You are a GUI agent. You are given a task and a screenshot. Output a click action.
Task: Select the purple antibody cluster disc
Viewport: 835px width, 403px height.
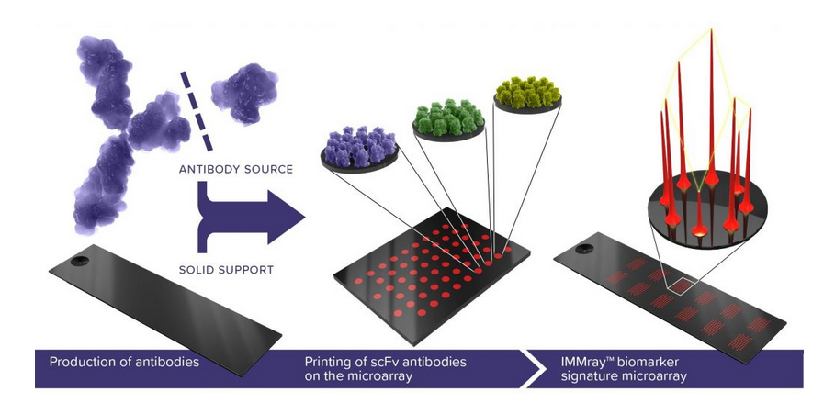tap(358, 148)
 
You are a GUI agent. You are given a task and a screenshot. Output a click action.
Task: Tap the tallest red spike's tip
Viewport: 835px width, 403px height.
tap(711, 32)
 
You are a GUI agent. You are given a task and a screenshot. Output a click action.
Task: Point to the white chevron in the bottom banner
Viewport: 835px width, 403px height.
tap(531, 368)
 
